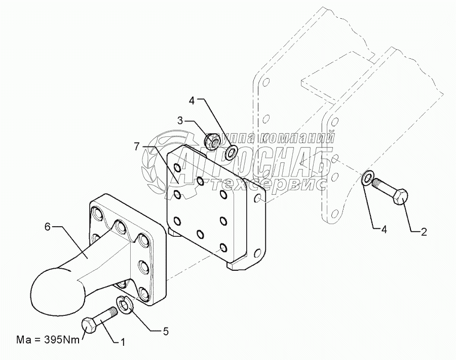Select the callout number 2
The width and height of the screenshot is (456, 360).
point(424,233)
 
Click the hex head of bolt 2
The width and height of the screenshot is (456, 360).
point(398,196)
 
